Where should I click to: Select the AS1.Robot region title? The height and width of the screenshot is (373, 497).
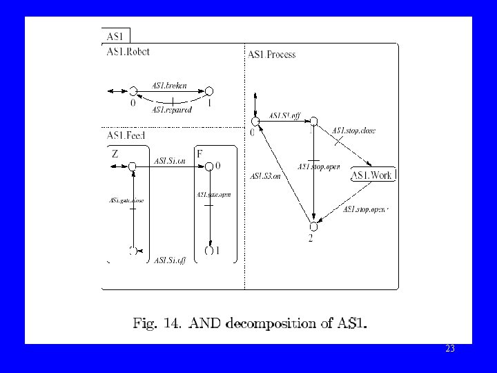coord(128,51)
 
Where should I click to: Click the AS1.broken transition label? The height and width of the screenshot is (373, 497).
coord(169,86)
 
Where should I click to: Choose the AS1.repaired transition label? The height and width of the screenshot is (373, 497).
coord(172,109)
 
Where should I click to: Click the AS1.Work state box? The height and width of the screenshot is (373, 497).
coord(372,175)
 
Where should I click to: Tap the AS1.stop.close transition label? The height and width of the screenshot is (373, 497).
coord(353,131)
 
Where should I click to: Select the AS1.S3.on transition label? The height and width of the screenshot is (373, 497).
coord(266,176)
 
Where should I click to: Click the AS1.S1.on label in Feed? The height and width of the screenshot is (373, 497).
coord(170,161)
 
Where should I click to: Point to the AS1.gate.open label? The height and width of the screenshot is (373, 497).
coord(213,195)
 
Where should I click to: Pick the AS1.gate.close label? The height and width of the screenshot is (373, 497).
coord(126,200)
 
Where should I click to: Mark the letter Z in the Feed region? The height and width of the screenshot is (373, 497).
coord(115,155)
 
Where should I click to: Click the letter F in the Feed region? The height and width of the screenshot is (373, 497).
coord(199,154)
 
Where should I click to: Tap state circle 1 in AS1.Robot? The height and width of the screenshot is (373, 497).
coord(209,90)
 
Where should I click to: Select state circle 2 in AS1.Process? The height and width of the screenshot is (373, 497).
coord(313,226)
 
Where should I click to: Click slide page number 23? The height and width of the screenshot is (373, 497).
coord(450,350)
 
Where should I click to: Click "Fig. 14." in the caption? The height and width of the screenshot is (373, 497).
coord(155,322)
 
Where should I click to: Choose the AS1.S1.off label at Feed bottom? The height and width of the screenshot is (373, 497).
coord(170,260)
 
